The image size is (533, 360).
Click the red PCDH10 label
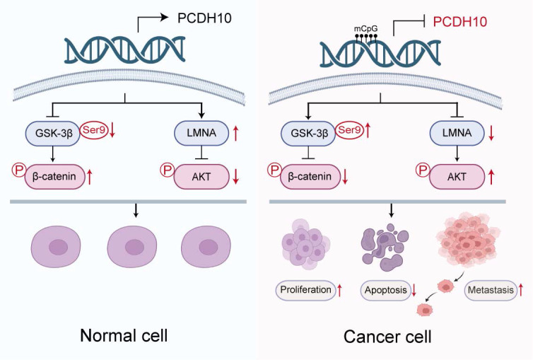click(x=460, y=22)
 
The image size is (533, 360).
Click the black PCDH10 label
click(x=204, y=18)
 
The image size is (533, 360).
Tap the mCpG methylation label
click(x=365, y=28)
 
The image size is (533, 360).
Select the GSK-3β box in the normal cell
click(x=53, y=133)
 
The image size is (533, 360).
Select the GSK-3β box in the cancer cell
click(x=308, y=133)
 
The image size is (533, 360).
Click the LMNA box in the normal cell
click(x=201, y=133)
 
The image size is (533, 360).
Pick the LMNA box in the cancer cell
click(x=457, y=133)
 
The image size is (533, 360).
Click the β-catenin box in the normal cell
click(x=54, y=177)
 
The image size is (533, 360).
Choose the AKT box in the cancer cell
click(x=457, y=177)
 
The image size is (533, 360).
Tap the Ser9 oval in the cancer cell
click(x=349, y=130)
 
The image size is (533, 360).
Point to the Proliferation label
click(x=305, y=290)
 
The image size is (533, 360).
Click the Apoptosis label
click(x=385, y=290)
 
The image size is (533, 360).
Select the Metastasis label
click(x=491, y=290)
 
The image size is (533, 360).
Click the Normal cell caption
click(x=124, y=335)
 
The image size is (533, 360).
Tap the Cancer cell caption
click(x=387, y=337)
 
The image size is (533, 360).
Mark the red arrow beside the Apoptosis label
click(x=414, y=290)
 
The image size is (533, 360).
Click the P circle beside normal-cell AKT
click(x=168, y=170)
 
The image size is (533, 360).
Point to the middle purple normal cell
click(x=132, y=247)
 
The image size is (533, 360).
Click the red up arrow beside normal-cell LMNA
click(x=236, y=133)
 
